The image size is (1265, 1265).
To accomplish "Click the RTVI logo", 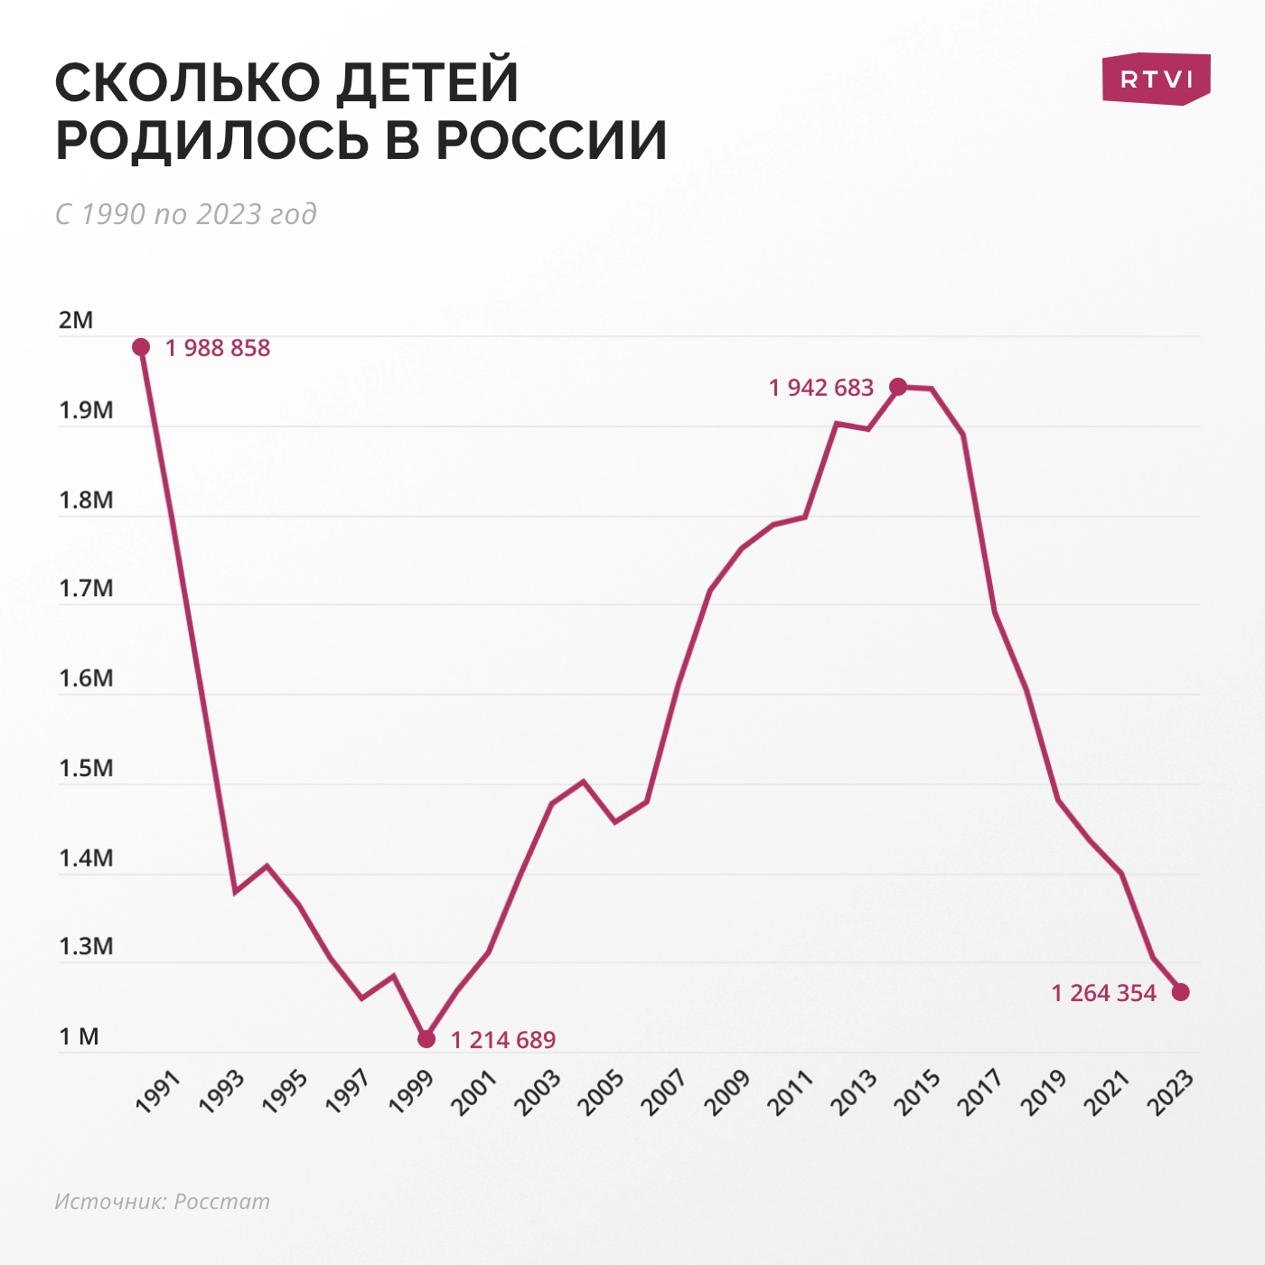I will (1156, 79).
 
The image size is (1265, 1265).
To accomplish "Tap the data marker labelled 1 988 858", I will (141, 347).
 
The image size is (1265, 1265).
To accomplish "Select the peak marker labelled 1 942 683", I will (898, 387).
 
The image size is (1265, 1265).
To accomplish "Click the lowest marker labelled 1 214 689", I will (426, 1039).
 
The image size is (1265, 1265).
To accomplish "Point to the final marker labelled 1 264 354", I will (1181, 992).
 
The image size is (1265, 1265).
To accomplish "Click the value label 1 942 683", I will (821, 388).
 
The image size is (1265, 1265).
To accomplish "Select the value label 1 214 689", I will (503, 1040).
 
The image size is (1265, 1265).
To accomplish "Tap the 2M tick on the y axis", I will (76, 321).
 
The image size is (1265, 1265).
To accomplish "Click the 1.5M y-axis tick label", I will (86, 769).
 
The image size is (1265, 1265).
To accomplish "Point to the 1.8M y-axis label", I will (86, 501).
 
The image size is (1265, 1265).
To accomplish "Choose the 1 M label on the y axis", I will (79, 1036).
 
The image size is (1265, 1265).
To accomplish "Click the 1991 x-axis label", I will (159, 1092).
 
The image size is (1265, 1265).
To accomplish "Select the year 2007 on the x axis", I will (665, 1092).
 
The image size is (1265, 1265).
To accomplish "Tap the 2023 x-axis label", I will (1171, 1092).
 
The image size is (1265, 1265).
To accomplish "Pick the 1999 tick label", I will (412, 1092).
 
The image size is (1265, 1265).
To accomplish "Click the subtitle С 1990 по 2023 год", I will (185, 214).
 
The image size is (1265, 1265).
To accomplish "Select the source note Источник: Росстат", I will (162, 1201).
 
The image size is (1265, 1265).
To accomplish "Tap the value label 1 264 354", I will (1103, 993).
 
